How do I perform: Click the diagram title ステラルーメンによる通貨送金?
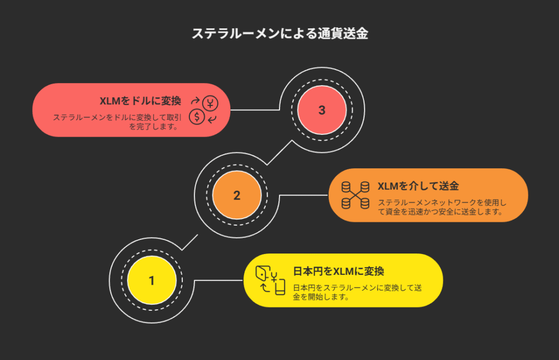click(279, 33)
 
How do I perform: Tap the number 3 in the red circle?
click(322, 110)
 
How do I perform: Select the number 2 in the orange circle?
click(236, 195)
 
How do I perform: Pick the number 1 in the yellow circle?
click(151, 280)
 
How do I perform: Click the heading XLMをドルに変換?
click(140, 101)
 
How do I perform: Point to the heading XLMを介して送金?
click(418, 186)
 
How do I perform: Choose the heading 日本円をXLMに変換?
click(338, 271)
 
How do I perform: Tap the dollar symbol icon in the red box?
click(197, 116)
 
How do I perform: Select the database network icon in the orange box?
click(355, 195)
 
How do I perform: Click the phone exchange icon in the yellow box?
click(271, 280)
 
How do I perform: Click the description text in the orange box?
click(439, 206)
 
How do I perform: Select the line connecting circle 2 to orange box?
click(304, 195)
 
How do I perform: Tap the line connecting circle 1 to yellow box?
click(218, 280)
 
